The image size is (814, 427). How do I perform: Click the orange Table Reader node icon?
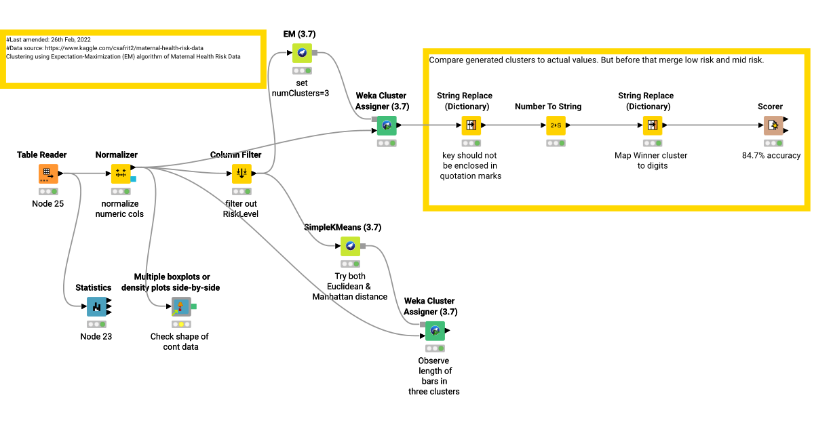[x=48, y=174]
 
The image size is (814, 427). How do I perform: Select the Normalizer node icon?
[x=121, y=174]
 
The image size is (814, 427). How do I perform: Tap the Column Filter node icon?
[x=242, y=174]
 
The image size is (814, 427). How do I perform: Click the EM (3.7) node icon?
[x=302, y=53]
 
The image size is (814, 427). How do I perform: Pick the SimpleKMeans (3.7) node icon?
[x=350, y=246]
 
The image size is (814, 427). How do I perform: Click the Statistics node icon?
[x=96, y=307]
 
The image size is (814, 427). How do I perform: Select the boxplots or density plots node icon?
[x=180, y=307]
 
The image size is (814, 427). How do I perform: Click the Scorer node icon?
[x=773, y=125]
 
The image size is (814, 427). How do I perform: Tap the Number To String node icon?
[x=556, y=125]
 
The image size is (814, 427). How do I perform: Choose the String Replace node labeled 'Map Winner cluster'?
[x=652, y=125]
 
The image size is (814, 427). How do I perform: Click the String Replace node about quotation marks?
[x=471, y=125]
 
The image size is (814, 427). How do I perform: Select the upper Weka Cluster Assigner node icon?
[x=387, y=125]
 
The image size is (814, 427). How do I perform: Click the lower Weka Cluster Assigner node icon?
[x=435, y=331]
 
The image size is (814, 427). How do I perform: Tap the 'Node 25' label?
[x=47, y=203]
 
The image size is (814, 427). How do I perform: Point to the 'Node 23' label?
[x=96, y=336]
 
